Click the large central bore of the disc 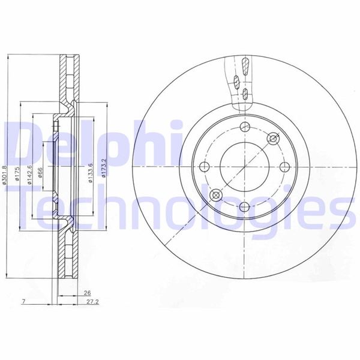pos(244,166)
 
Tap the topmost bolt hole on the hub pos(244,126)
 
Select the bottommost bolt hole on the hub pos(244,207)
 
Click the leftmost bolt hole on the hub pos(204,166)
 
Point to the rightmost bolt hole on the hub pos(284,166)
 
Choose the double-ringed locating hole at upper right pos(274,139)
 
